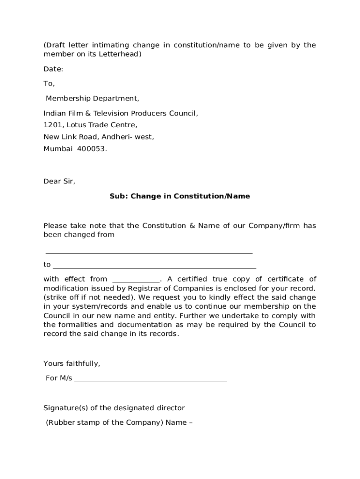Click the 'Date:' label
click(53, 69)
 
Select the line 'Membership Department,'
click(92, 99)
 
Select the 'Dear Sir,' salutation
click(59, 181)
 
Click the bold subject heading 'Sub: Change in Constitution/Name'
click(180, 196)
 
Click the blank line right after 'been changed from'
click(149, 252)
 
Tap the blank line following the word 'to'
click(154, 267)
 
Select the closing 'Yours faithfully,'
click(72, 363)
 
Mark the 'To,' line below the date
click(49, 84)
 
